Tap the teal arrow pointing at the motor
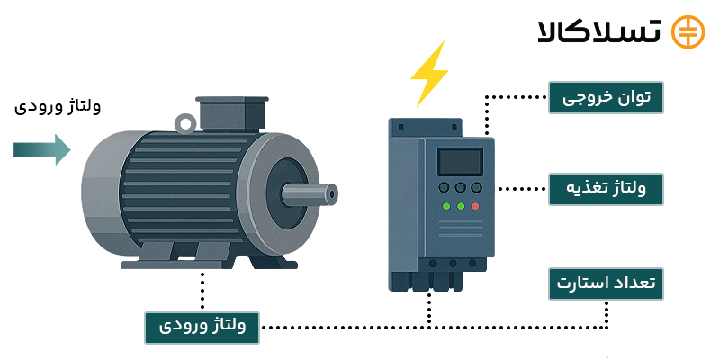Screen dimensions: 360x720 [41, 148]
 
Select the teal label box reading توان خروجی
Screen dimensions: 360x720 [606, 97]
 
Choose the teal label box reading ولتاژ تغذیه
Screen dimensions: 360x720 [606, 189]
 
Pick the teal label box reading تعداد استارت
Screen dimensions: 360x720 [606, 283]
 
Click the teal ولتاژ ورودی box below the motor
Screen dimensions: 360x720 [202, 327]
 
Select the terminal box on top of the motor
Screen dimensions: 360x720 [232, 112]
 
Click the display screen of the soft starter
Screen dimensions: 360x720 [460, 162]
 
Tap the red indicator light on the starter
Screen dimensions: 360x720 [475, 206]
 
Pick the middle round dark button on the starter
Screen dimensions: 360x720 [460, 188]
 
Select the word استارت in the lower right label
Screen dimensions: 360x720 [586, 283]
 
